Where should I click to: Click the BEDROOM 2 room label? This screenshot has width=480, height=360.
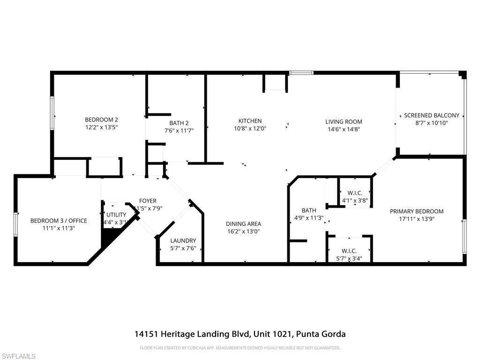(101, 120)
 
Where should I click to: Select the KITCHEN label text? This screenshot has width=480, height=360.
(250, 121)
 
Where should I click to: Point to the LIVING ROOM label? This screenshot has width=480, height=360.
(344, 122)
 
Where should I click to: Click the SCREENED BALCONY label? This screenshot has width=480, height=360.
(431, 115)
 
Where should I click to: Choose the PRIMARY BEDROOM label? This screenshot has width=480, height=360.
(416, 211)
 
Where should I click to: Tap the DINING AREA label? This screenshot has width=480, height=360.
(243, 224)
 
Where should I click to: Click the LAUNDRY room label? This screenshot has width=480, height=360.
(183, 241)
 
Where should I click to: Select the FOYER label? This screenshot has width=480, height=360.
(148, 201)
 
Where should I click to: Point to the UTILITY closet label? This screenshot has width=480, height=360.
(116, 215)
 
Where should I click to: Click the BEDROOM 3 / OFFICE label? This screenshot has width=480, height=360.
(52, 221)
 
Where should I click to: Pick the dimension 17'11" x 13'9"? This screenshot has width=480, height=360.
(416, 218)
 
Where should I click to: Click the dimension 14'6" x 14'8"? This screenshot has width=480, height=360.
(344, 129)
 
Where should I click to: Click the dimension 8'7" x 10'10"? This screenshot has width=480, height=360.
(431, 123)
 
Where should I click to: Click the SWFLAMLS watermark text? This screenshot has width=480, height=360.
(18, 356)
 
